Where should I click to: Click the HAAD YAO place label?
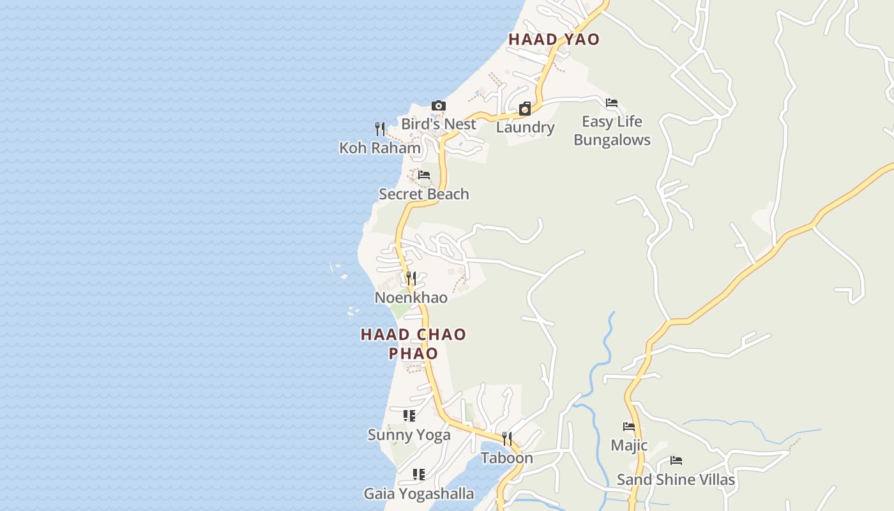[x=554, y=40]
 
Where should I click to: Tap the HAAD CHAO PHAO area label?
[x=413, y=344]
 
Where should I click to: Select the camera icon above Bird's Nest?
[x=439, y=106]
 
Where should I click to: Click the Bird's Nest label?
[x=439, y=124]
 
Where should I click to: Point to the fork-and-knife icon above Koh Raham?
[x=380, y=129]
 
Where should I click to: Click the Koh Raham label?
[x=380, y=148]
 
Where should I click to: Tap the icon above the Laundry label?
[x=525, y=109]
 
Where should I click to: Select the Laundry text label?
[x=525, y=127]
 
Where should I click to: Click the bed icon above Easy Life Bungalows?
[x=612, y=103]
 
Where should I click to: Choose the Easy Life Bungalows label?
[x=612, y=131]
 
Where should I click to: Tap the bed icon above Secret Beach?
[x=424, y=175]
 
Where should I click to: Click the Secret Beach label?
[x=424, y=194]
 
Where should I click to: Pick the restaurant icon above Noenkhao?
[x=411, y=278]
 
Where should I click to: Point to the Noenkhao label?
[x=411, y=298]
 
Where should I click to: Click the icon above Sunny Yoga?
[x=409, y=416]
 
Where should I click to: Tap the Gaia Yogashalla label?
[x=419, y=494]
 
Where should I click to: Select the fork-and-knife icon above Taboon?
[x=507, y=439]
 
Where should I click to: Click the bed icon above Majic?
[x=629, y=427]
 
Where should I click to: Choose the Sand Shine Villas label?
[x=676, y=480]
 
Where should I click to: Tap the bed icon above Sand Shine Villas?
[x=676, y=461]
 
